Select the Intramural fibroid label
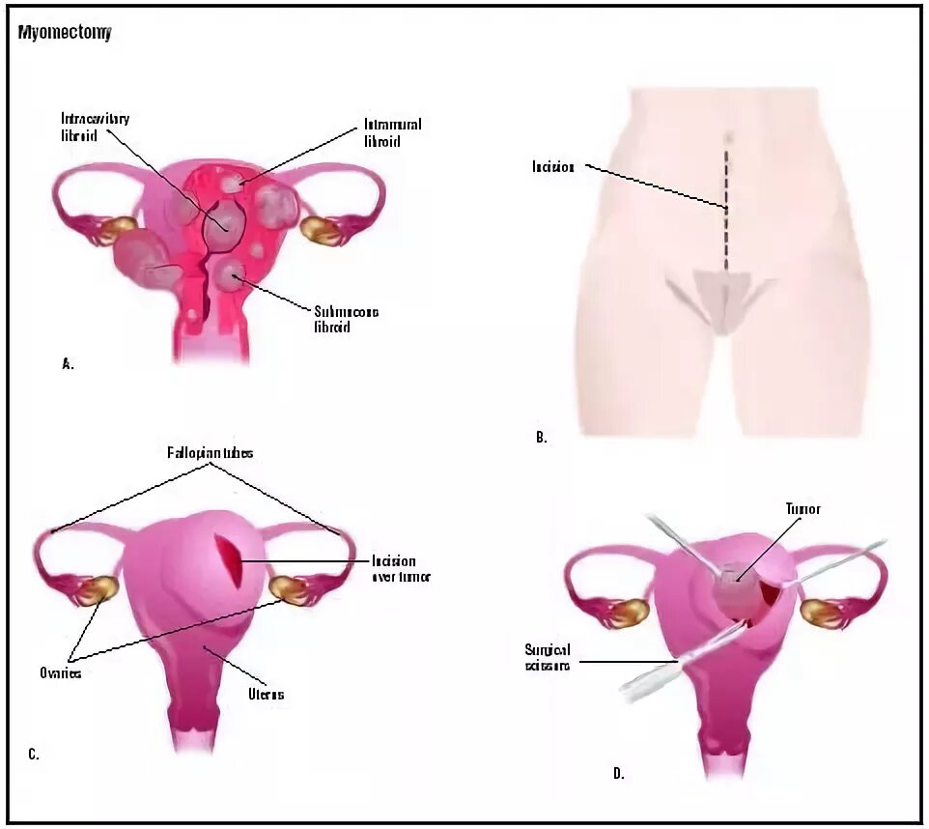(x=392, y=132)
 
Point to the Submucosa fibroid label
(x=346, y=319)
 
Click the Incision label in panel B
(x=553, y=167)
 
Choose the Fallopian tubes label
(x=210, y=452)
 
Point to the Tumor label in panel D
(x=802, y=508)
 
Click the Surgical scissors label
(x=548, y=657)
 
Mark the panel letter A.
(x=68, y=364)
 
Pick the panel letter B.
(x=542, y=437)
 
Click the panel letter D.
(x=618, y=773)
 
